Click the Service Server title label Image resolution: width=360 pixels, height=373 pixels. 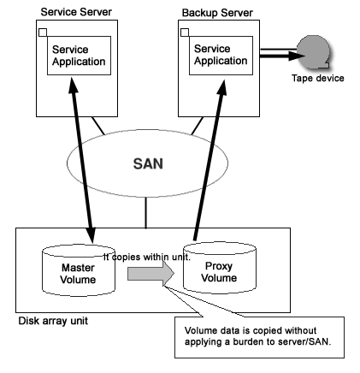coord(76,12)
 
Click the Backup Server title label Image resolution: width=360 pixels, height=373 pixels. coord(217,13)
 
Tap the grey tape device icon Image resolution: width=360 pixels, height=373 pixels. coord(314,52)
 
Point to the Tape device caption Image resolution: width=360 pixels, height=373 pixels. coord(318,78)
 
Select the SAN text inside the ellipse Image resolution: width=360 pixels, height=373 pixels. coord(148,164)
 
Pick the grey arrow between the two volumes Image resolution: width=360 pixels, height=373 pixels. coord(150,273)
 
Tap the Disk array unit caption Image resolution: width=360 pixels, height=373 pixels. coord(53,321)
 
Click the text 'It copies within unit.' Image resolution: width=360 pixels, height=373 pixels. coord(146,258)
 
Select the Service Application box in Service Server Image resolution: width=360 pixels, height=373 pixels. coord(79,56)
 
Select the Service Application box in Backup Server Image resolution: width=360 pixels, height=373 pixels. coord(221,56)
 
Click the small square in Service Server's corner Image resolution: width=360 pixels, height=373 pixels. coord(43,33)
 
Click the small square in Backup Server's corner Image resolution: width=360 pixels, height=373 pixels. coord(185,33)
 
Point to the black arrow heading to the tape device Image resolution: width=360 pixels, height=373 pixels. coord(282,56)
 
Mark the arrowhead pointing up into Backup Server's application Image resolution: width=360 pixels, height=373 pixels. coord(221,88)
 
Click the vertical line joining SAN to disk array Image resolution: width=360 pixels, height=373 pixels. coord(146,212)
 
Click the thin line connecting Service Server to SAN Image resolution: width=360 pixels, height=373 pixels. coord(98,126)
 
